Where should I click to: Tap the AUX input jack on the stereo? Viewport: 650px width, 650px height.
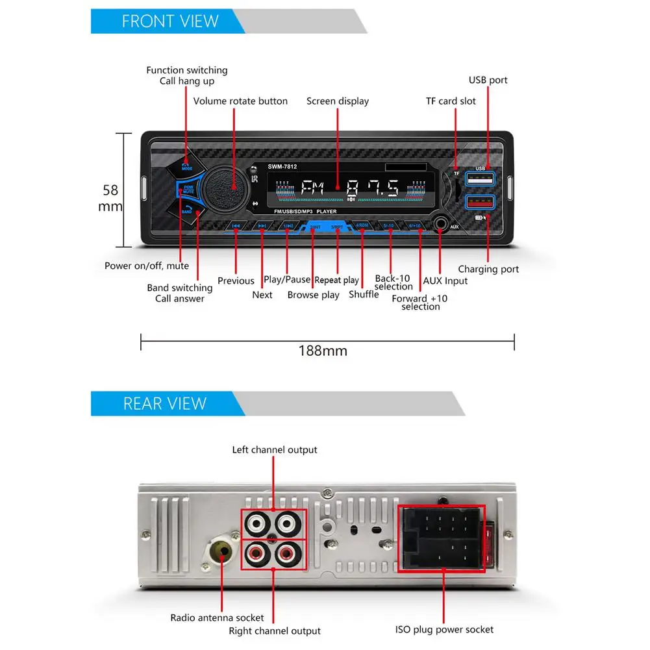click(443, 225)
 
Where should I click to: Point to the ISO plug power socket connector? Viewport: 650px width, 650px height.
click(442, 538)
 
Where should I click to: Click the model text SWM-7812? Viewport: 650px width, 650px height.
click(282, 167)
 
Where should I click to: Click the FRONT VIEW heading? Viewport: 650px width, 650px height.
click(170, 21)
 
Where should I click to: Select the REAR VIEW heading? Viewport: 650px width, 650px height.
click(164, 403)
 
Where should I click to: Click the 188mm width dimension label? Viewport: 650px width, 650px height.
click(323, 351)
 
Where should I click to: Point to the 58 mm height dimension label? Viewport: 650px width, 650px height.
click(110, 198)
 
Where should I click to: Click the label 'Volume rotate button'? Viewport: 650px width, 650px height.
click(240, 101)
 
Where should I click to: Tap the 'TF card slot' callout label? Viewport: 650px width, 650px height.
click(451, 101)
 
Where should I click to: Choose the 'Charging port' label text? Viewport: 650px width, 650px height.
click(488, 269)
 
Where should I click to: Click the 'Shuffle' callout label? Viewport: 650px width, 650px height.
click(364, 294)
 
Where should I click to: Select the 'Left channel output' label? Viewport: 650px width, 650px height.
click(275, 449)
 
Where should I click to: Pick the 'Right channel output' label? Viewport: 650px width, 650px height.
click(275, 631)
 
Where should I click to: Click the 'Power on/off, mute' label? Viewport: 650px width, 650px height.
click(147, 266)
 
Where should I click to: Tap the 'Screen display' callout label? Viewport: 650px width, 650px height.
click(338, 101)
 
